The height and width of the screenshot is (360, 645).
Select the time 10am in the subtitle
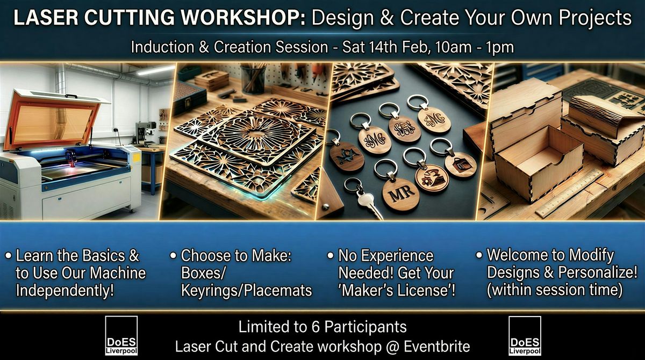tap(453, 47)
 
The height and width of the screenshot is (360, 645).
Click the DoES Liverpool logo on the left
tap(121, 335)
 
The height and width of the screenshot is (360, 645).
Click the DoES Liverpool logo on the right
tap(525, 335)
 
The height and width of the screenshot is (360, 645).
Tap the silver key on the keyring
tap(369, 203)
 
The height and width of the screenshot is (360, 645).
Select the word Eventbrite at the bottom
tap(437, 347)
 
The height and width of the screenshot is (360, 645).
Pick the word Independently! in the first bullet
tap(65, 291)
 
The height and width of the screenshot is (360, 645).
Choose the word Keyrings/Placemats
tap(247, 291)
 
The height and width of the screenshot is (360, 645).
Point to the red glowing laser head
tap(71, 159)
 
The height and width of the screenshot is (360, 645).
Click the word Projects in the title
tap(595, 18)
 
